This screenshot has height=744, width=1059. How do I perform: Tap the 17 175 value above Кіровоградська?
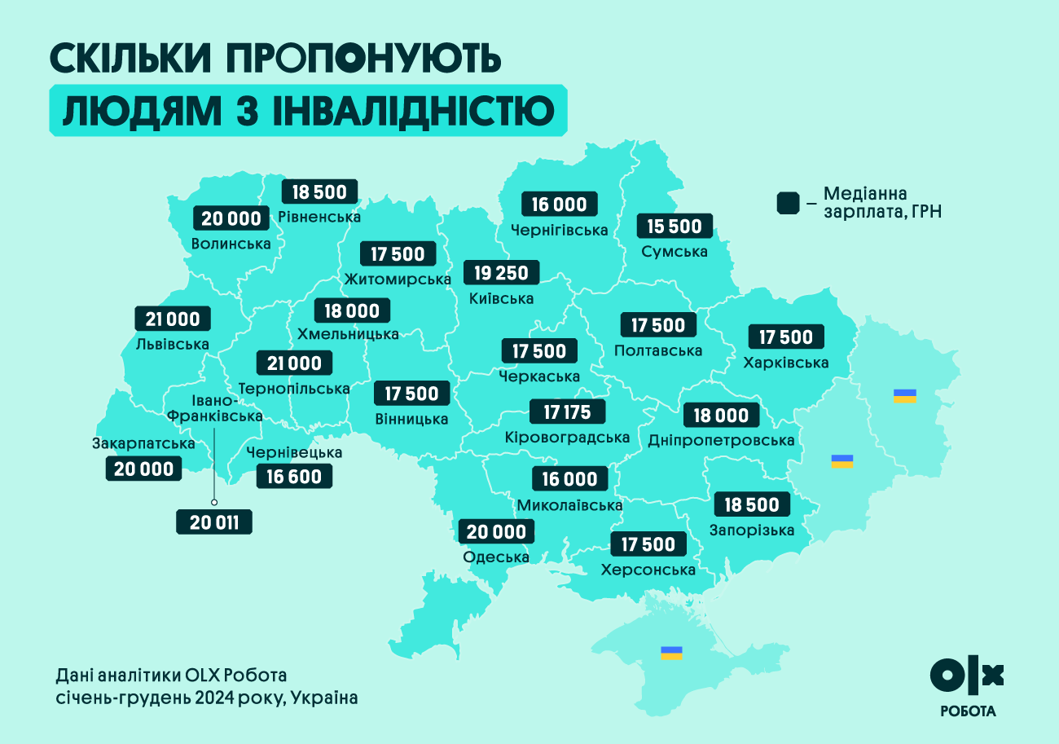pyautogui.click(x=567, y=412)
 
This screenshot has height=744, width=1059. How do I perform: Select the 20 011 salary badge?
pyautogui.click(x=214, y=522)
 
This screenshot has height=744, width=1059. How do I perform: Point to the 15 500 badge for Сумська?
pyautogui.click(x=674, y=226)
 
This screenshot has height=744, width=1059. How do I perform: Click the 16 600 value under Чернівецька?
pyautogui.click(x=294, y=477)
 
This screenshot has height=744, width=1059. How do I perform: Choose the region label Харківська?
pyautogui.click(x=786, y=363)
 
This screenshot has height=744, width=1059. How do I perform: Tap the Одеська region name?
pyautogui.click(x=496, y=557)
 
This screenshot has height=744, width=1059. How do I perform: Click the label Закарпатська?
pyautogui.click(x=143, y=443)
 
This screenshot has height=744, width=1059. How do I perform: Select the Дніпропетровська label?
pyautogui.click(x=721, y=441)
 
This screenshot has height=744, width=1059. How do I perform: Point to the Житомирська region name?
pyautogui.click(x=398, y=280)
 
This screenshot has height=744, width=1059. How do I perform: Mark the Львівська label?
pyautogui.click(x=173, y=344)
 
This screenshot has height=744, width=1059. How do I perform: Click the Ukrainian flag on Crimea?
pyautogui.click(x=671, y=653)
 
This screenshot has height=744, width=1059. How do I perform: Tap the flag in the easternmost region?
pyautogui.click(x=905, y=396)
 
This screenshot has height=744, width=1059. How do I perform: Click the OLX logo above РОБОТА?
pyautogui.click(x=967, y=674)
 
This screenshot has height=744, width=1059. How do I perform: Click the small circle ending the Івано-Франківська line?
pyautogui.click(x=214, y=503)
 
